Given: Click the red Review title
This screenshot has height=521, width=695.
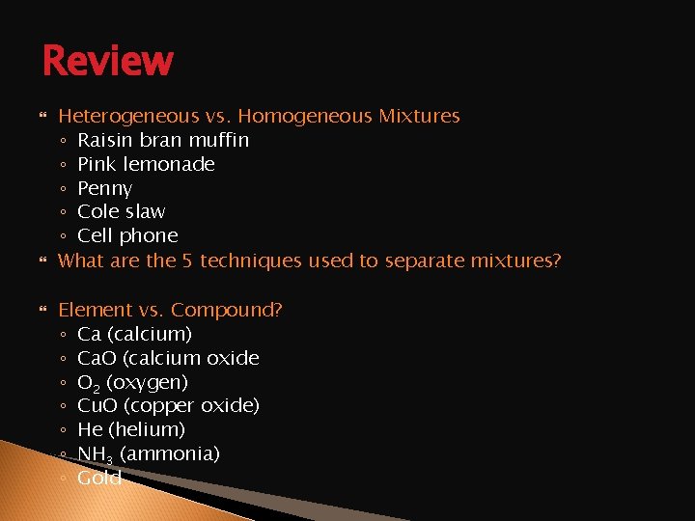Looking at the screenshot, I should (x=107, y=61).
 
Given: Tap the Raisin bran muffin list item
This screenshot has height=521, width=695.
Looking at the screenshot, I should (x=162, y=141).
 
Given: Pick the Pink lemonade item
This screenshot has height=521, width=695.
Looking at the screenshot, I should (x=146, y=164).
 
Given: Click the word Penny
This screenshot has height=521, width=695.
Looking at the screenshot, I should (x=104, y=188).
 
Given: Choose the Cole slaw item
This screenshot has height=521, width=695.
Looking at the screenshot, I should (x=121, y=211).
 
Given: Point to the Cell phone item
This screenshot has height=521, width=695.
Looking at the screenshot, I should (x=127, y=235).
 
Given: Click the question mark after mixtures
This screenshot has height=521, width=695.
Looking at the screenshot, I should (x=555, y=260).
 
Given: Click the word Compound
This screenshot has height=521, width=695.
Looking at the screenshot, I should (x=223, y=310).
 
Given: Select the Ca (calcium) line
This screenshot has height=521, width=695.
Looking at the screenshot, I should (x=134, y=334).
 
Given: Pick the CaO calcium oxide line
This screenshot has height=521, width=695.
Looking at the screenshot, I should (x=168, y=358).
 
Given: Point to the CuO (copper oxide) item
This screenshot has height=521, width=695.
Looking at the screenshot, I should (x=168, y=405).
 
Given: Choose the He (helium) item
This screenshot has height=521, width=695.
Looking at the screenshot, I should (x=131, y=429).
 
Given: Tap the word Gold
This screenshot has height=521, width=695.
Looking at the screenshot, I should (x=99, y=478).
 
